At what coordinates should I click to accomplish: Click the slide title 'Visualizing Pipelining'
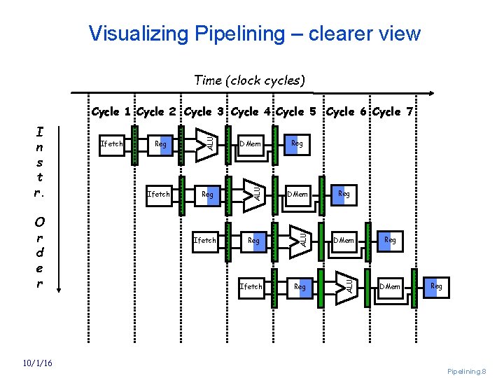pos(254,34)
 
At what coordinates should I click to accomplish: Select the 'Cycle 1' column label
pos(112,111)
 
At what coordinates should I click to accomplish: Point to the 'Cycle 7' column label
pos(396,111)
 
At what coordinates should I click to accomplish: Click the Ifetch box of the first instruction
pos(112,144)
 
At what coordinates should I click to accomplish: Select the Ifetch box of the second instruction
pos(159,193)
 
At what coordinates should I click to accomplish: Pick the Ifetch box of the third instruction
pos(205,240)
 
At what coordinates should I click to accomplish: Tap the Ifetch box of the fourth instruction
pos(251,286)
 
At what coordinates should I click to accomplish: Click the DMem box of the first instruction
pos(251,144)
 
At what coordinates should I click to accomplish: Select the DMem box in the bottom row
pos(390,286)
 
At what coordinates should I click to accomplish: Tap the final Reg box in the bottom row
pos(436,286)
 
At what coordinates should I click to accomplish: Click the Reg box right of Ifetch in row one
pos(160,144)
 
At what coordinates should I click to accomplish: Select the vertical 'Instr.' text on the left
pos(41,161)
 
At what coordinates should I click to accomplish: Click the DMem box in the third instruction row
pos(344,240)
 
